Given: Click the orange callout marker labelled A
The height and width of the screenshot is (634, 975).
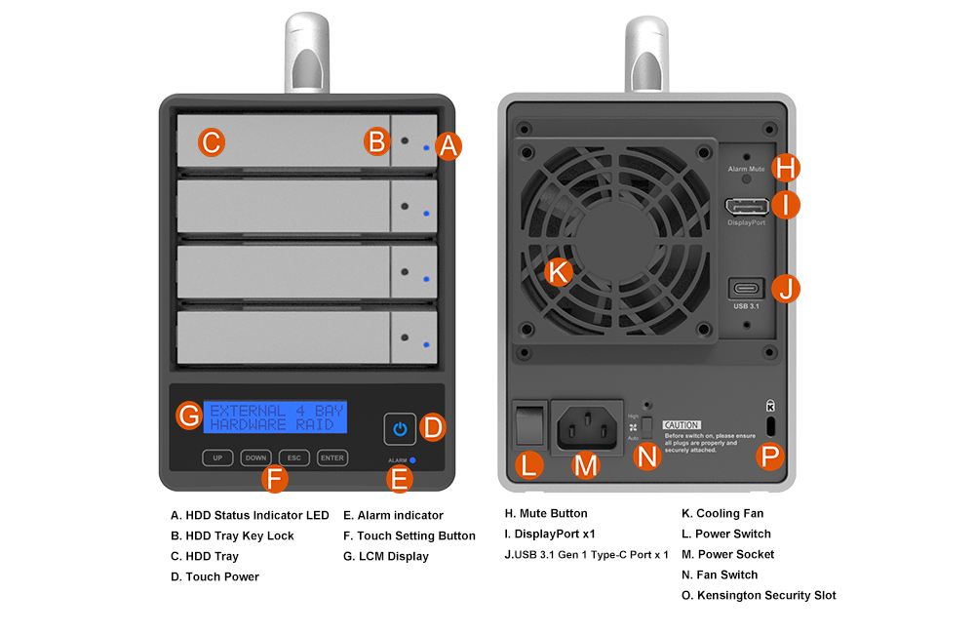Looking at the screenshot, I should click(x=448, y=145).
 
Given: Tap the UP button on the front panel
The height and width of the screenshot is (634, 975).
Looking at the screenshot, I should click(x=217, y=457).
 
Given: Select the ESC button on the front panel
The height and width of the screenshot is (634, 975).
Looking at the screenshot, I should click(x=293, y=457).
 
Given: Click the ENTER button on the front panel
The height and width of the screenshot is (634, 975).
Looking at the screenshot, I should click(x=332, y=457).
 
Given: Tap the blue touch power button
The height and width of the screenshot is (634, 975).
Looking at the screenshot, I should click(x=399, y=427).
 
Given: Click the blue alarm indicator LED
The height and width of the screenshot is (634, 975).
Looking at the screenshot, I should click(x=413, y=459).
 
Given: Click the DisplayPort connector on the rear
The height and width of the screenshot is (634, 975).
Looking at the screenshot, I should click(x=745, y=206).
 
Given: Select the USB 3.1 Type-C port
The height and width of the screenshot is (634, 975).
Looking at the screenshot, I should click(x=747, y=289).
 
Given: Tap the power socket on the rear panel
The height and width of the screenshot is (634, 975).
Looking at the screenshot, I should click(x=587, y=425).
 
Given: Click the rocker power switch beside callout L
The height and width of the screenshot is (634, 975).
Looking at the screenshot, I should click(x=528, y=423).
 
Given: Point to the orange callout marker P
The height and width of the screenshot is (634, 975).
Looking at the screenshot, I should click(x=770, y=456).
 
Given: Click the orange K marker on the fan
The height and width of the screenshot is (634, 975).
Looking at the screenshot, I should click(x=558, y=272).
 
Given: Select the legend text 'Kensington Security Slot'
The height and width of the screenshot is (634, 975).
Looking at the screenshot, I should click(x=765, y=595).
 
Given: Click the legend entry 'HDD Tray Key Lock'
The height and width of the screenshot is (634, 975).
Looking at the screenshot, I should click(x=232, y=535).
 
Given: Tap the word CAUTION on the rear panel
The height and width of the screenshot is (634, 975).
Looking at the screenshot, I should click(x=681, y=425).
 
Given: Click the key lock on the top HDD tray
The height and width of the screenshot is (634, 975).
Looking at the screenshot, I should click(x=405, y=141).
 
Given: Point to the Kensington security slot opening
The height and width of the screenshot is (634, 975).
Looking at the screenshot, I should click(x=770, y=425).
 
